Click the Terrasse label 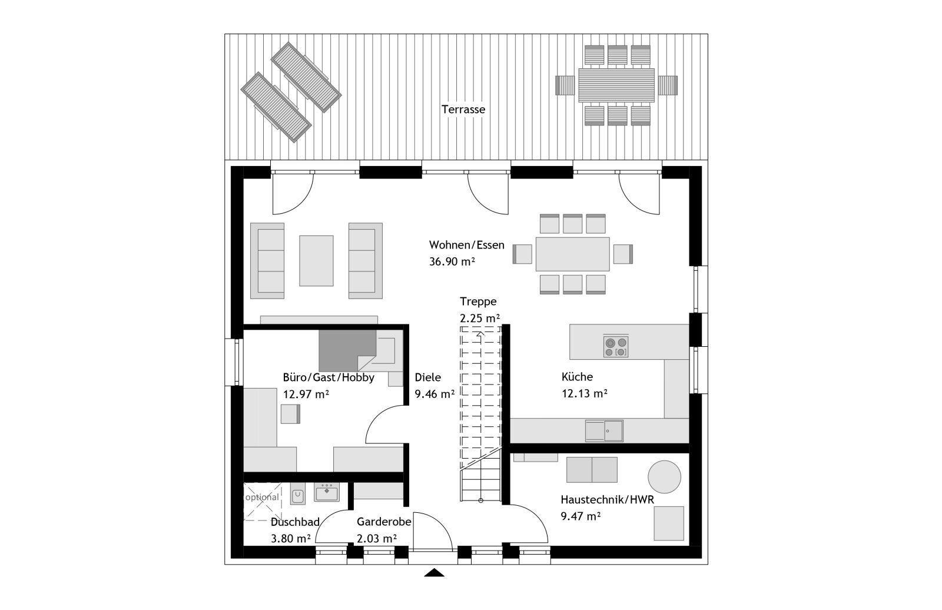coord(463,110)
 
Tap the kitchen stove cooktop coord(616,347)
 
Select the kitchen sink coord(604,431)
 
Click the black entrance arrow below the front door coord(434,572)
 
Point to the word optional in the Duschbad coord(262,498)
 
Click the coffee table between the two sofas coord(316,261)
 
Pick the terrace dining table coord(616,85)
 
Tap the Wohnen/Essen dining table coord(573,254)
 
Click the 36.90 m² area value coord(452,261)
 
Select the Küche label coord(577,376)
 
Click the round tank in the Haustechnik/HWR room coord(665,477)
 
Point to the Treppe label coord(478,301)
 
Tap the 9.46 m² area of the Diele coord(435,394)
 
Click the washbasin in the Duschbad coord(327,492)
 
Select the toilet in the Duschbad coord(297,494)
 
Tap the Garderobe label coord(384,522)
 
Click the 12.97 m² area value coord(306,394)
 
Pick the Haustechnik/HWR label coord(607,499)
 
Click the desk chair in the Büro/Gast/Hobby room coord(291,413)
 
